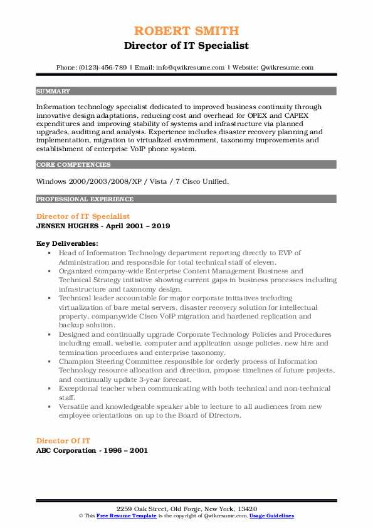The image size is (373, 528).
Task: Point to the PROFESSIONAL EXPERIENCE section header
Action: coord(85,199)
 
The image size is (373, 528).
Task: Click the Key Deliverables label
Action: coord(66,243)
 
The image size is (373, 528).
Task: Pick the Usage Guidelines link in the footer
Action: coord(271,515)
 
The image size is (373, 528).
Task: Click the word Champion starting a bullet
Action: coord(79,362)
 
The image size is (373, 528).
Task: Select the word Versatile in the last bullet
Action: coord(78,406)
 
